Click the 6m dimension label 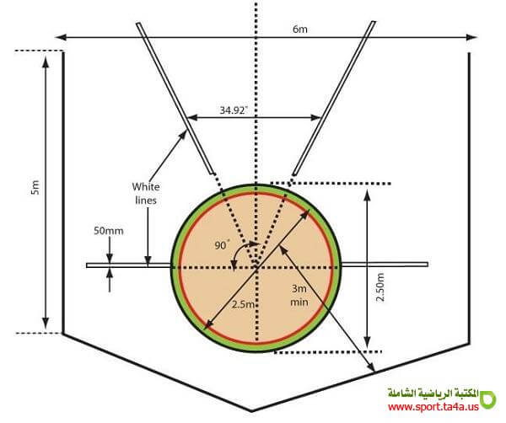[299, 29]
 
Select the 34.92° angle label [234, 110]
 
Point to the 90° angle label [222, 245]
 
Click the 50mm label [109, 231]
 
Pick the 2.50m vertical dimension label [380, 287]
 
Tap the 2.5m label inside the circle [244, 304]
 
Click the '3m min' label [299, 295]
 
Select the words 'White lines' [146, 194]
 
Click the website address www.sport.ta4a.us [433, 407]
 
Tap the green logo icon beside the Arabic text [488, 399]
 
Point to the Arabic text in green [433, 394]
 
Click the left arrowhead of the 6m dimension [57, 37]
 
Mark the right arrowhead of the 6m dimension [476, 37]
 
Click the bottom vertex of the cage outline [251, 411]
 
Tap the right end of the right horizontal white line [428, 265]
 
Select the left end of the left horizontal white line [87, 265]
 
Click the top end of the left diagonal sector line [138, 24]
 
